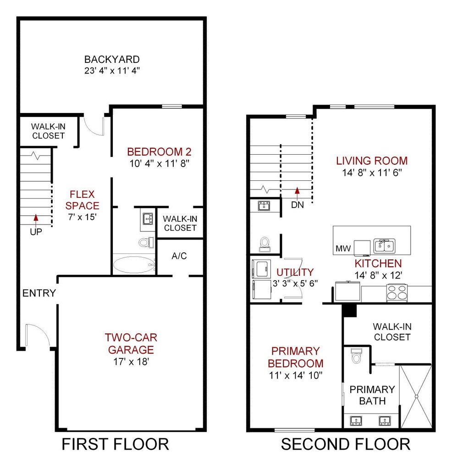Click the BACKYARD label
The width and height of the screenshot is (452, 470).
112,59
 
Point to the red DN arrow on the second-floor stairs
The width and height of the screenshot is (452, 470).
297,193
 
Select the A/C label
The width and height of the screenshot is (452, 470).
179,256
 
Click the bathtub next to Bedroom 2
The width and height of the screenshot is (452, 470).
134,264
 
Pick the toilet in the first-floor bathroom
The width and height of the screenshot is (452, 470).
146,242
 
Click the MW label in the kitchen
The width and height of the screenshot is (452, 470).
343,248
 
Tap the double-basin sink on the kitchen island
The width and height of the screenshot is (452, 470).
384,246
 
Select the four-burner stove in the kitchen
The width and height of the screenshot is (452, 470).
397,292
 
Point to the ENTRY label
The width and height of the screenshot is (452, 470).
39,293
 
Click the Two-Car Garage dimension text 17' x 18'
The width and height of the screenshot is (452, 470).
131,362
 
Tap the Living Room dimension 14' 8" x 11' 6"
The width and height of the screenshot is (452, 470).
372,173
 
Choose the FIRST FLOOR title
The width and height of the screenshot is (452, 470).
115,444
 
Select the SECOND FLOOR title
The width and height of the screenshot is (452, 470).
346,444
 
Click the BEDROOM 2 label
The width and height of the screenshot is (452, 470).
159,152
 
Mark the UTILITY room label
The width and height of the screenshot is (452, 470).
295,272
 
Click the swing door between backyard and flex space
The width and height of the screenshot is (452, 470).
94,126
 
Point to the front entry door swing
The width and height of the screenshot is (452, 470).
38,335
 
